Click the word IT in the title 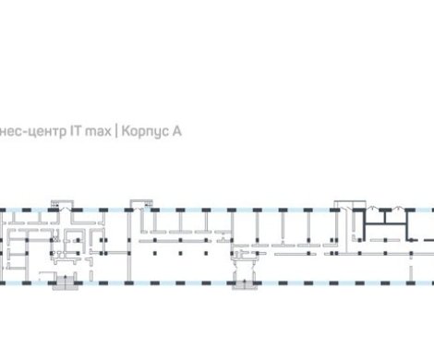(72, 132)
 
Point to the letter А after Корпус (176, 132)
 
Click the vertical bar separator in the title (116, 132)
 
